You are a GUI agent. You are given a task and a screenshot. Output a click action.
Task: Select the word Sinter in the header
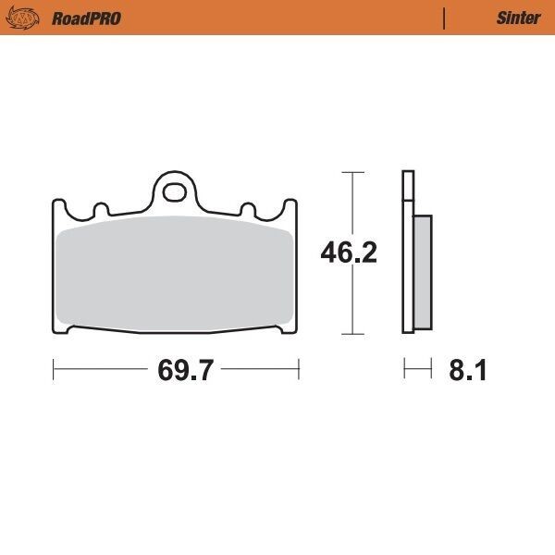(518, 18)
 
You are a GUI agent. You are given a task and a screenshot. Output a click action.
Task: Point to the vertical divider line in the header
(446, 18)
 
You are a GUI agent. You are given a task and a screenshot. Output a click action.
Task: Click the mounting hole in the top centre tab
(173, 192)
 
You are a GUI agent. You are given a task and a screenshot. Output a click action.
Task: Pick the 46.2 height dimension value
(349, 253)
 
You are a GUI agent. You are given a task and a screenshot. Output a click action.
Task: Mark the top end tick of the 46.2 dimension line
(350, 172)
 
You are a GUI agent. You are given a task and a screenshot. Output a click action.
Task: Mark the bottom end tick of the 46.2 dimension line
(350, 333)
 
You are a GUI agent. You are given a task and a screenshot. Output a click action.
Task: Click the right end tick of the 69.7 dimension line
(299, 371)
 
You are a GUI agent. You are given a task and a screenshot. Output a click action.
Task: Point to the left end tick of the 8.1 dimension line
(404, 371)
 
